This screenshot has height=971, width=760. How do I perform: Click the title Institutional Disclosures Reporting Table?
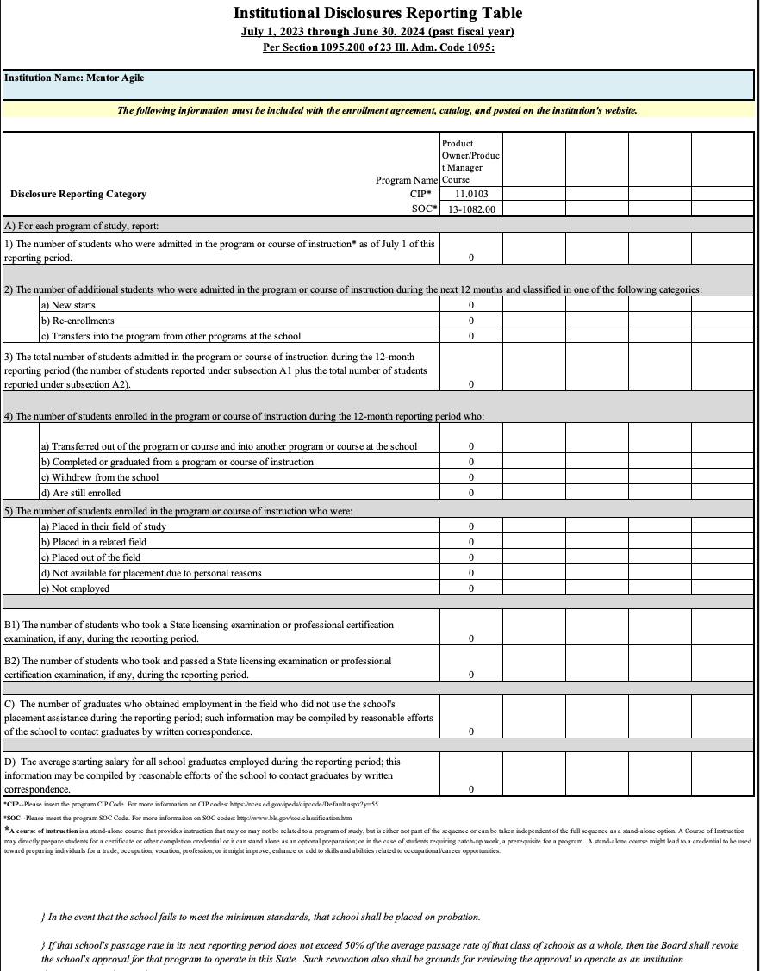click(377, 13)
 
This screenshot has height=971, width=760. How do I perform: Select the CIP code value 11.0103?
click(470, 195)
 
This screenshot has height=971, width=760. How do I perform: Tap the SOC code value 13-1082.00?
click(470, 209)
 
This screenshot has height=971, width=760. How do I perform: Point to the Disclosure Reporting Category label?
click(78, 194)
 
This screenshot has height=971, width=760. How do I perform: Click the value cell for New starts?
click(471, 306)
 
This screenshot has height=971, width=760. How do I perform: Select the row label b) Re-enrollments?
click(78, 321)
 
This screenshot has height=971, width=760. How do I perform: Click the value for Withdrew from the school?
click(471, 477)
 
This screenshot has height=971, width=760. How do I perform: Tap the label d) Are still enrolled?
click(81, 493)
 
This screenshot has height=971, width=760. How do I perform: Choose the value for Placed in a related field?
click(471, 542)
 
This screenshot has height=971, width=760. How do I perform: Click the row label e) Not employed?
click(76, 588)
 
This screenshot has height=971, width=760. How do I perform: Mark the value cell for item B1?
click(471, 639)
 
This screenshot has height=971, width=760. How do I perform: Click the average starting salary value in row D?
click(471, 789)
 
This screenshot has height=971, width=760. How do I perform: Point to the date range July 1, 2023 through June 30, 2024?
click(377, 32)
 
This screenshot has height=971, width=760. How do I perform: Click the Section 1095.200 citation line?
click(377, 47)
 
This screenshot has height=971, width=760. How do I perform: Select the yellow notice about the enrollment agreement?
click(377, 110)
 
